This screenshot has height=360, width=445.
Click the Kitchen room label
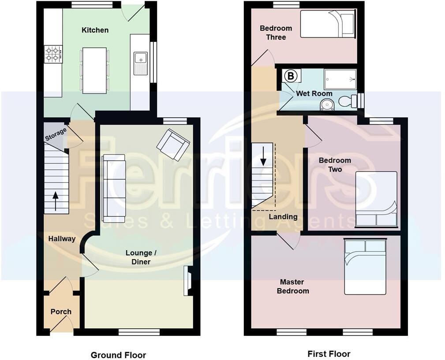[95, 30]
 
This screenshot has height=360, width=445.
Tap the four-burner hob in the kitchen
[53, 54]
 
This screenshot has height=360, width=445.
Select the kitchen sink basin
[141, 58]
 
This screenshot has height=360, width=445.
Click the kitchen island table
[94, 70]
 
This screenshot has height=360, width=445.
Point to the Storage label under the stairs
[56, 134]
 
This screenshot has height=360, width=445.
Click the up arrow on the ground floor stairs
[56, 201]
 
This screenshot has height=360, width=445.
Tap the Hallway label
[62, 239]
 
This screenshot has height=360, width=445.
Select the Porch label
[61, 312]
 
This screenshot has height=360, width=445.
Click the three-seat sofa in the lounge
[114, 188]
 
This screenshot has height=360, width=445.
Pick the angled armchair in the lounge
[173, 144]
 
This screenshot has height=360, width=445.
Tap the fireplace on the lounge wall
[188, 281]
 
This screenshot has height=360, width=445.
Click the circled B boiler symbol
[291, 76]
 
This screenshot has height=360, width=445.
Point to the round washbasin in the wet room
[327, 104]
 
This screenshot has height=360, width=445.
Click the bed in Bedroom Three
[328, 24]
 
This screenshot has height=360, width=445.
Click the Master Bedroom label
[293, 286]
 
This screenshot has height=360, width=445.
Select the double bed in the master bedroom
[365, 267]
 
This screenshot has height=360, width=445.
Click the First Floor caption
[329, 354]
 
